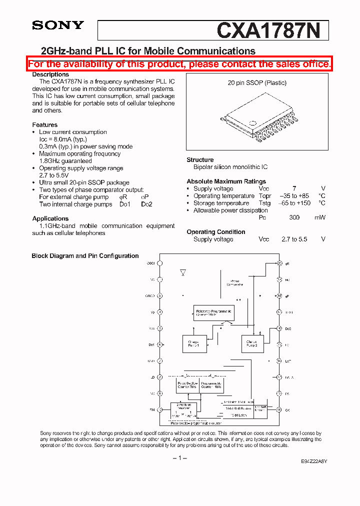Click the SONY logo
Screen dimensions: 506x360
coord(58,25)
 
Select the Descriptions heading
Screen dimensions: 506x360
coord(50,74)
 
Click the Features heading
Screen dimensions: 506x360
coord(45,125)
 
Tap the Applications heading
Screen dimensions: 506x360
coord(50,218)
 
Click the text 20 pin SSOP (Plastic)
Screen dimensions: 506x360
coord(257,83)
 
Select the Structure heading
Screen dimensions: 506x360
coord(200,160)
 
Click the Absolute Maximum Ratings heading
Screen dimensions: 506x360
coord(226,181)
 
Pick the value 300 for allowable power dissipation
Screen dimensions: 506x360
coord(294,217)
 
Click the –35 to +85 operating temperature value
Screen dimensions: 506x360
coord(294,196)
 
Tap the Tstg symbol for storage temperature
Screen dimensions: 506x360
coord(264,203)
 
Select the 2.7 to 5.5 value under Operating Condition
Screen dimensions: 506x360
coord(294,239)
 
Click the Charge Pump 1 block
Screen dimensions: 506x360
coord(193,343)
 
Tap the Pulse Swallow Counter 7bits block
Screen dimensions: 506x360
coord(187,385)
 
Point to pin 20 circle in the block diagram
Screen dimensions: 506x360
coord(279,263)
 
